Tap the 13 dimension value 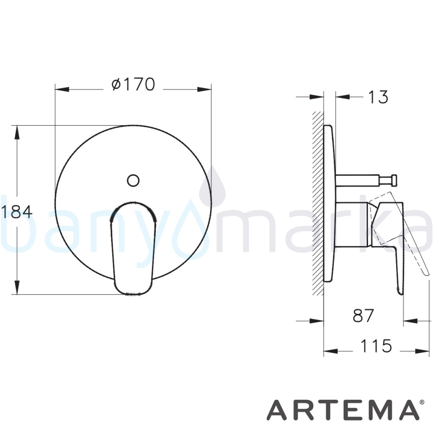378,97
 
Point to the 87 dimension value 363,315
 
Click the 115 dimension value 376,346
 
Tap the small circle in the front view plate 133,181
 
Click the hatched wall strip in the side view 318,203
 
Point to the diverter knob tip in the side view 394,180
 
